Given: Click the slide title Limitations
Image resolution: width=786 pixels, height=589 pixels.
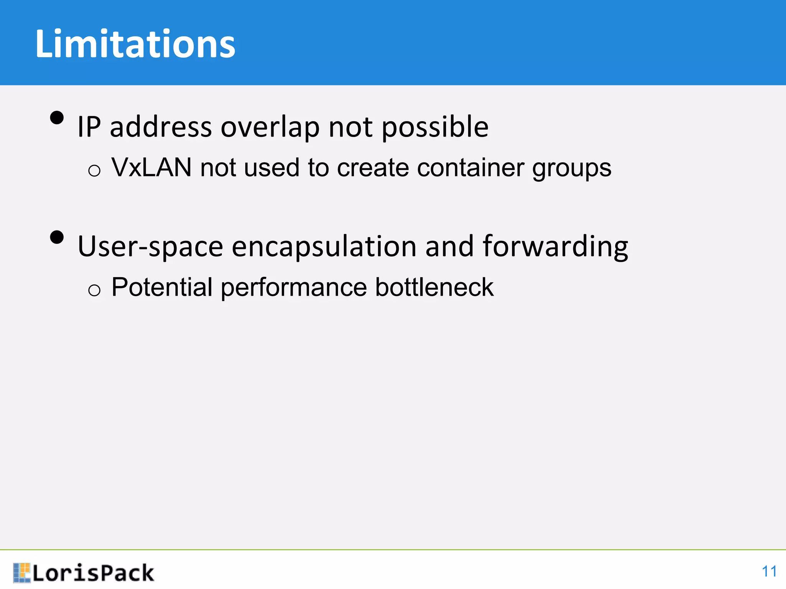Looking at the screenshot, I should coord(135,44).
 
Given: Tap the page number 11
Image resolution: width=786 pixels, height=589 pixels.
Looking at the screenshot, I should coord(769,571).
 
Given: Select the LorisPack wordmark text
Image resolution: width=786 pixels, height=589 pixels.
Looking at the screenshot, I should coord(93,573).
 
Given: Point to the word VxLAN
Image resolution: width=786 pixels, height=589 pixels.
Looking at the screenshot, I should coord(152,168).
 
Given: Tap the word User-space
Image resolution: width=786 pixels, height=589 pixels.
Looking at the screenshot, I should coord(150,247).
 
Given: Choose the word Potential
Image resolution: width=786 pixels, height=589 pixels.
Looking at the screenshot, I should coord(162,287).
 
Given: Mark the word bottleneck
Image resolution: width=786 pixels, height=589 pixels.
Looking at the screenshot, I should coord(434,287).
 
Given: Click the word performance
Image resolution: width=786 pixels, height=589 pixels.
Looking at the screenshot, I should coord(294,288).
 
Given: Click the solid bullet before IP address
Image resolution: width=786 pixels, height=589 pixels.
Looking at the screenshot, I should coord(57,118).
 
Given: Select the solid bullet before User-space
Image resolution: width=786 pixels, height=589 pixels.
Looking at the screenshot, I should coord(57,237).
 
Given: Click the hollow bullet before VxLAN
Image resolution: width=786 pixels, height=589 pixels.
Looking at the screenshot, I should coord(94,170).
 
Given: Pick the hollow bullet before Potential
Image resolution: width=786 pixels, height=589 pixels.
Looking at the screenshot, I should coord(94,290).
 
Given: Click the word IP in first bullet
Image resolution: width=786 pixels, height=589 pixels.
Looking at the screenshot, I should coord(89,127).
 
